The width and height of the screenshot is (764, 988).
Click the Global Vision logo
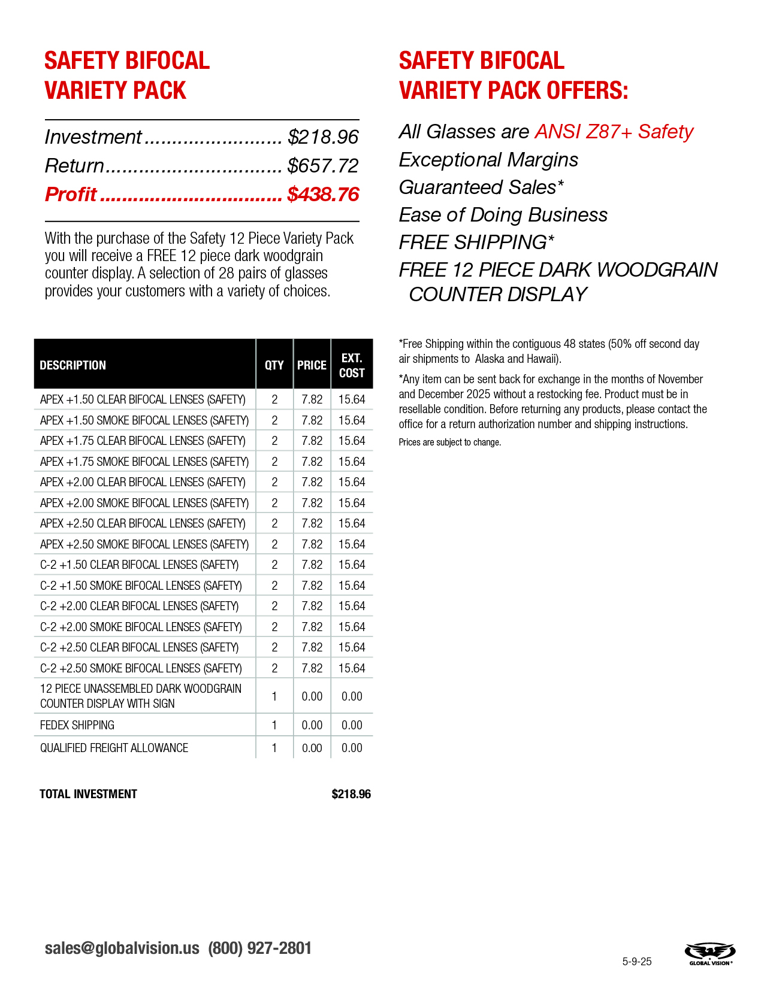tap(710, 953)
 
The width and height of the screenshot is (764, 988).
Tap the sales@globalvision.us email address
tap(122, 948)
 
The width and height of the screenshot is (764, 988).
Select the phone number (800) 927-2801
tap(259, 948)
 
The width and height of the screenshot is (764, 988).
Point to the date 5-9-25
tap(636, 962)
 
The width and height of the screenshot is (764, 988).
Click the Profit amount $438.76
tap(323, 195)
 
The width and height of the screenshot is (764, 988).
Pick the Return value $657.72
tap(323, 166)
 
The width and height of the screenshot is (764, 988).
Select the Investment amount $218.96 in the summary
tap(323, 137)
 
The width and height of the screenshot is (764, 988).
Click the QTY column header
tap(274, 365)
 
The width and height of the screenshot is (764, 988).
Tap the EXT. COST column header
tap(352, 365)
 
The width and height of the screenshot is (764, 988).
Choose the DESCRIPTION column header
tap(73, 365)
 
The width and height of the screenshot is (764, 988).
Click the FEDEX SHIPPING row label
tap(77, 725)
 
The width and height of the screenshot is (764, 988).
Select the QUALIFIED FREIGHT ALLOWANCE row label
tap(114, 748)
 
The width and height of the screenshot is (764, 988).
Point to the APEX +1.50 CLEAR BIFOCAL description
tap(143, 399)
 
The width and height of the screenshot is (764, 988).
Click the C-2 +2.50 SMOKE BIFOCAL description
tap(141, 668)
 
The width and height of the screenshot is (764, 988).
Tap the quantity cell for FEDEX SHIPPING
tap(274, 725)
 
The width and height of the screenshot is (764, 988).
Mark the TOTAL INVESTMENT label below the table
tap(88, 794)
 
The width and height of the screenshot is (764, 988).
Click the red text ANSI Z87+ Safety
tap(614, 132)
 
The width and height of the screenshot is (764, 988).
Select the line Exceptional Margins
tap(488, 160)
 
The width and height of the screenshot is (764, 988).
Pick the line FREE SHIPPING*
tap(476, 243)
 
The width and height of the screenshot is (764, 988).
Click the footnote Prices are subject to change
tap(449, 443)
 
